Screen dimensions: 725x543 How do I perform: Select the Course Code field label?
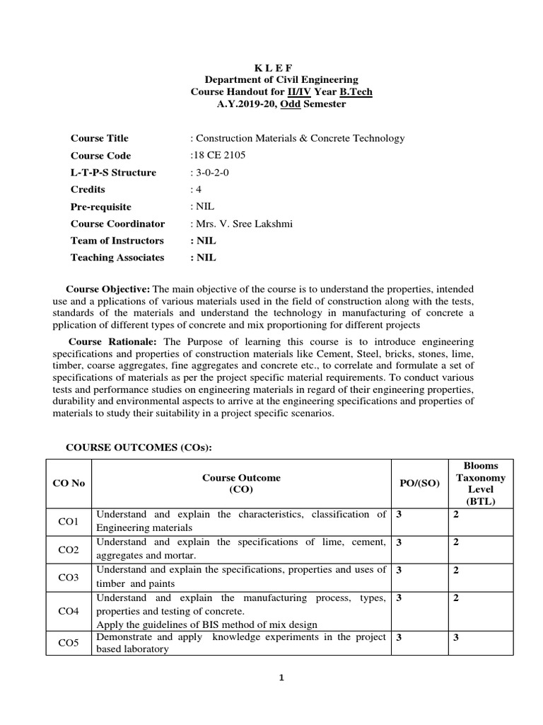click(100, 156)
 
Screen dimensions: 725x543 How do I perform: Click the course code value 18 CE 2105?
click(221, 156)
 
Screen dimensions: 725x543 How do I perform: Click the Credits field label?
click(88, 190)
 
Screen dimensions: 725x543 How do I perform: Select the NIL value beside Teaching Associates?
click(204, 258)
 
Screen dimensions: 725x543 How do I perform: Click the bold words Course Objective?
click(108, 290)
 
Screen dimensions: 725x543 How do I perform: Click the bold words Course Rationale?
click(110, 341)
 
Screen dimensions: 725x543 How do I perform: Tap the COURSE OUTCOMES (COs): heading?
click(139, 447)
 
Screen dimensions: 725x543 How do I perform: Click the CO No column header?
click(69, 483)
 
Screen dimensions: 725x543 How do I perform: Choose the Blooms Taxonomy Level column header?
click(479, 484)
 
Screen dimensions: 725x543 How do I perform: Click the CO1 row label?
click(69, 521)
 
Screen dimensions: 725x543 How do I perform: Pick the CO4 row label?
click(69, 610)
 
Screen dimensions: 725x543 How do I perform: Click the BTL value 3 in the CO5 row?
click(456, 637)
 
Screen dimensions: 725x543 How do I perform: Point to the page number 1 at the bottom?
click(281, 678)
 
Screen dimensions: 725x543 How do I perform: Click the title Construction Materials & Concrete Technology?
click(300, 139)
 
